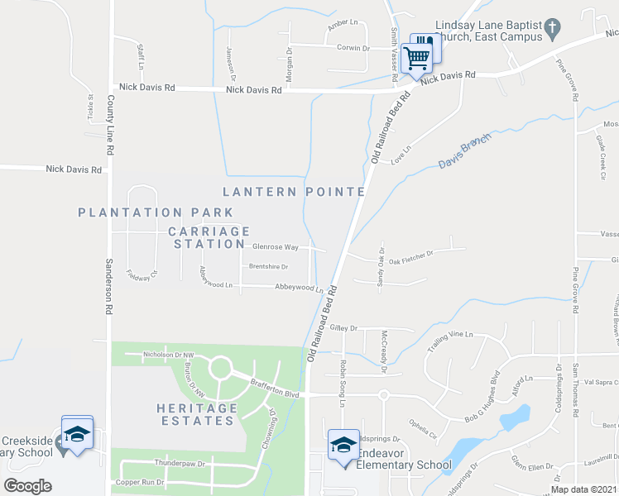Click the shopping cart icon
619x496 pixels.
pos(417,58)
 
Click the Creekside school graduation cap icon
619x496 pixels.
pos(77,433)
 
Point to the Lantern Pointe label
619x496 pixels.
pos(294,192)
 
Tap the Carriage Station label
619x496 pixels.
pos(209,237)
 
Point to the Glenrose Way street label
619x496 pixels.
pos(275,246)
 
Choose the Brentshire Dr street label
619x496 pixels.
pos(268,267)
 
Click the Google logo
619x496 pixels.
pos(28,485)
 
